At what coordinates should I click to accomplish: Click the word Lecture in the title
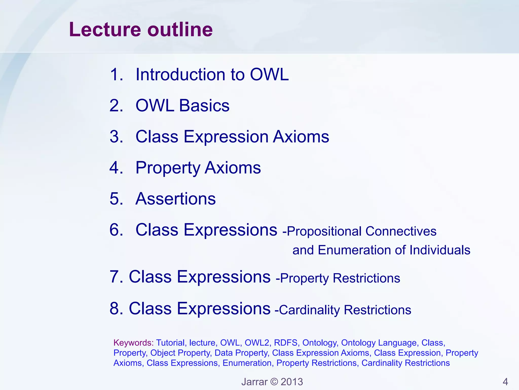coord(105,30)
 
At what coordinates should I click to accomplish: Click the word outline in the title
coord(180,30)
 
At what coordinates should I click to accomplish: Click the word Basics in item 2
coord(204,106)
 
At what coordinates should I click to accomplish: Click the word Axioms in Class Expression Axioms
coord(301,137)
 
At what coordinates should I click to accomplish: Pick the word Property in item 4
coord(168,168)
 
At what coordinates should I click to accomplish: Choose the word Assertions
coord(175,199)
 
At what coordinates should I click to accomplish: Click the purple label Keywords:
coord(133,343)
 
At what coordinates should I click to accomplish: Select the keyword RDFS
coord(285,343)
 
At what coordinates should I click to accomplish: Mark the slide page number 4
coord(505,382)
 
